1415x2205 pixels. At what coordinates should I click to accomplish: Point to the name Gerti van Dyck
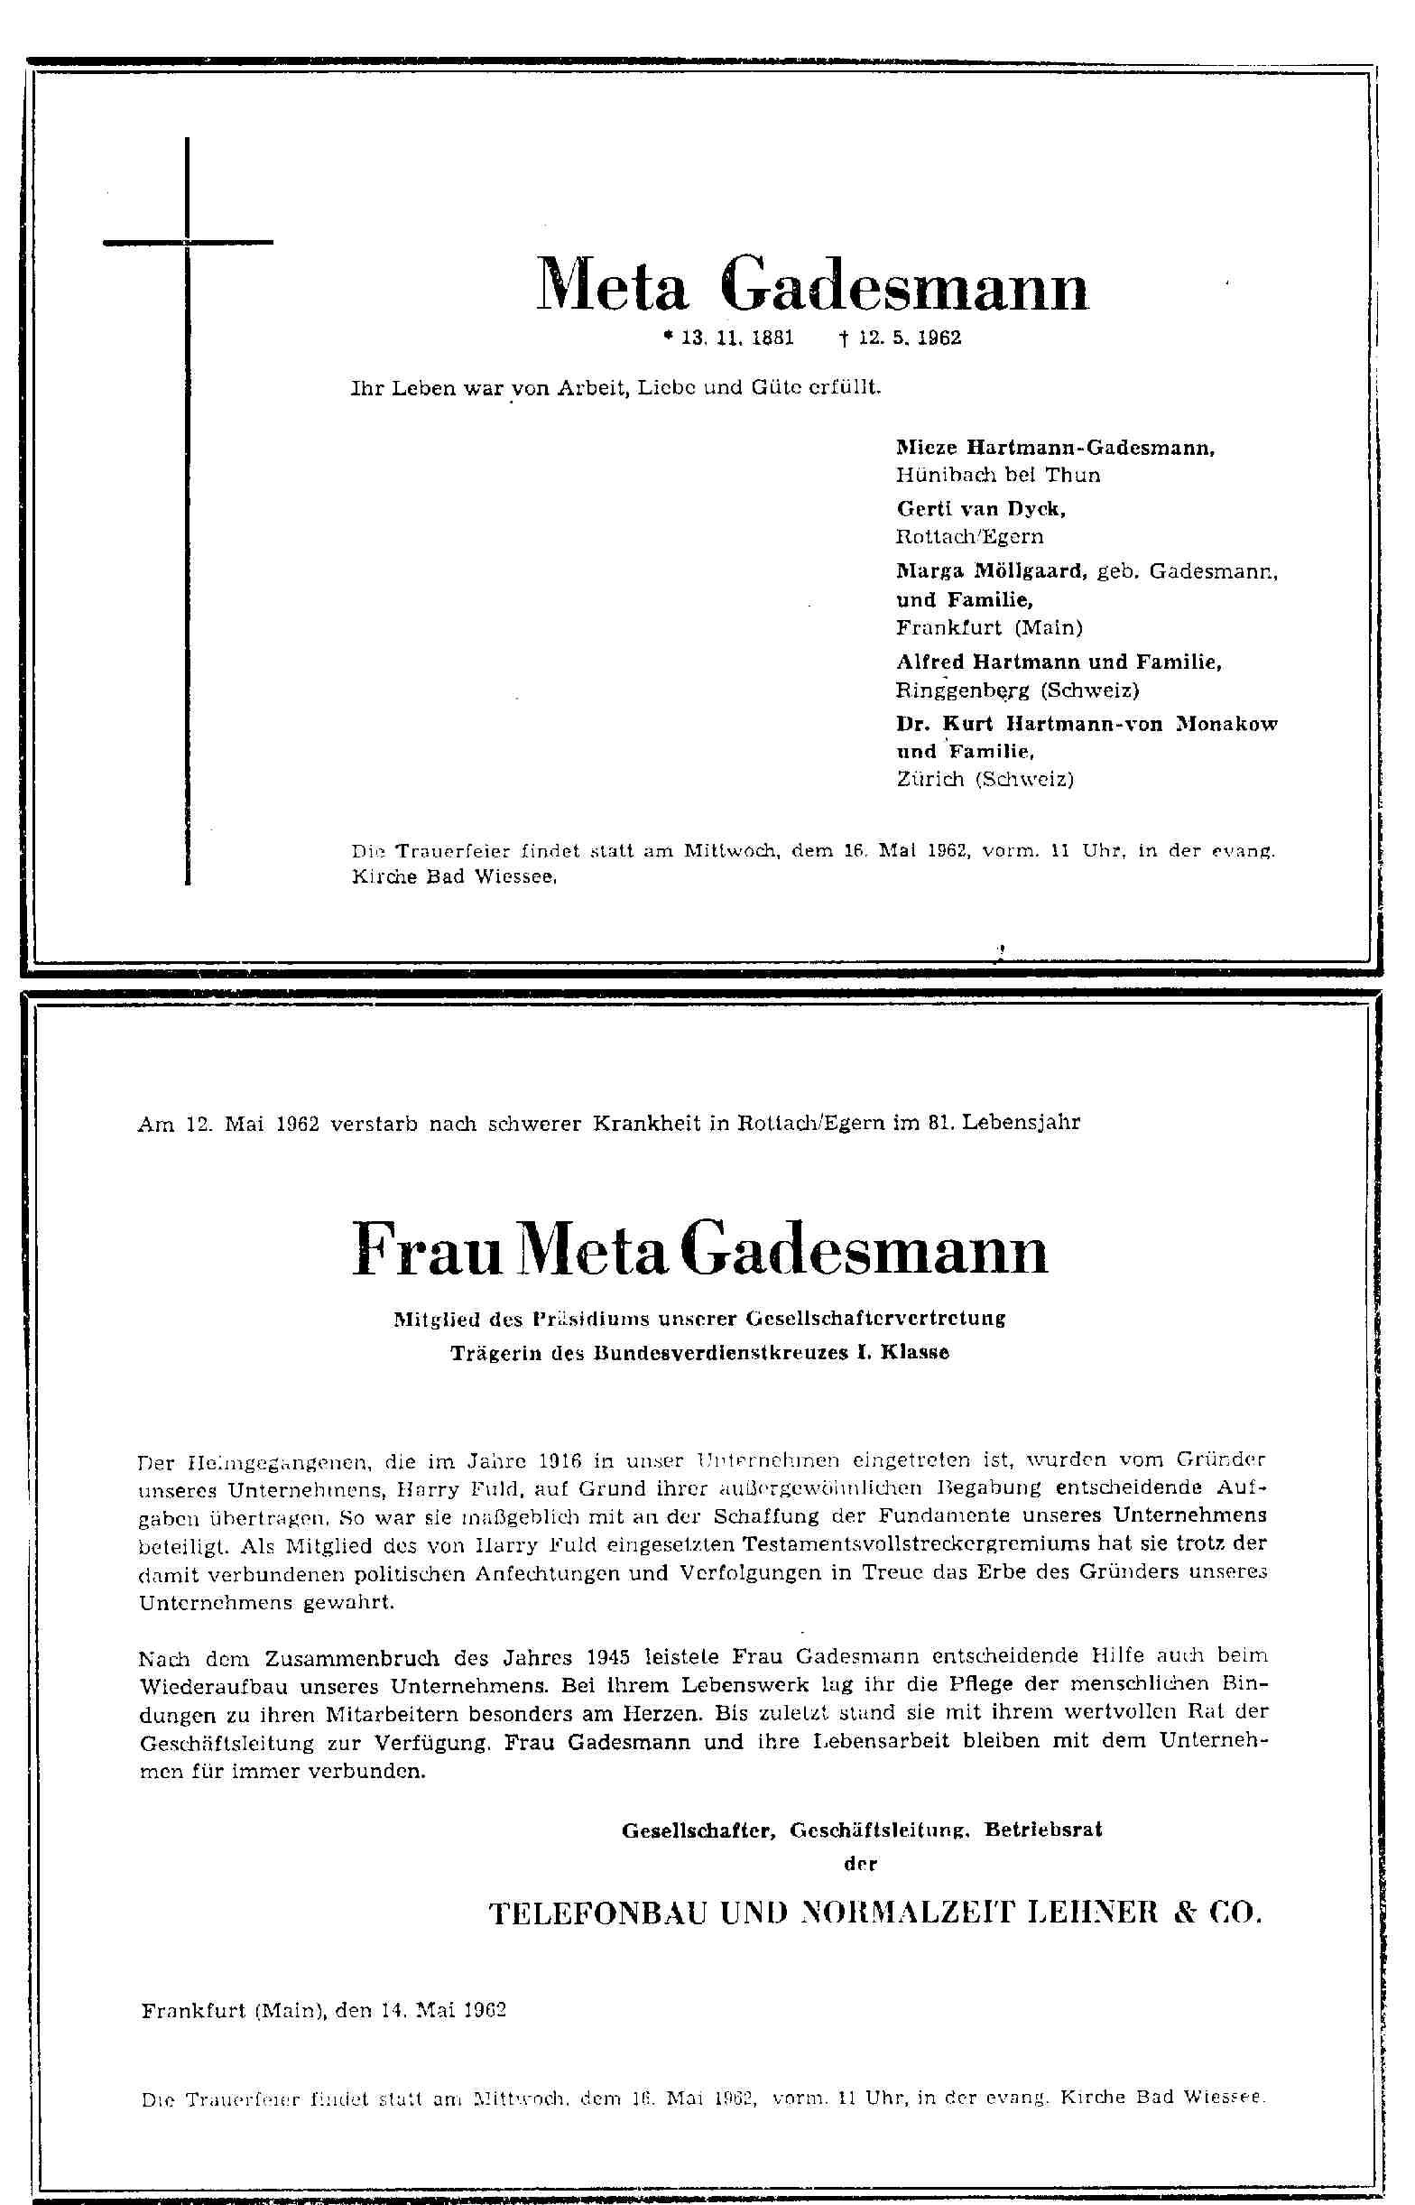(980, 508)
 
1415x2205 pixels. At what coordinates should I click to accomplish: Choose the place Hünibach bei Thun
(998, 475)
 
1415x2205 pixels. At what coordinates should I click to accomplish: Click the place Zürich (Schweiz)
(985, 779)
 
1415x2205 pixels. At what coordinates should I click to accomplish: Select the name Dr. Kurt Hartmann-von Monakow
(1086, 724)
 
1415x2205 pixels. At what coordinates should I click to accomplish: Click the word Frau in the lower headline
(426, 1249)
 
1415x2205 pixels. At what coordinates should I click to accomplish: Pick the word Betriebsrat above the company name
(1043, 1830)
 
